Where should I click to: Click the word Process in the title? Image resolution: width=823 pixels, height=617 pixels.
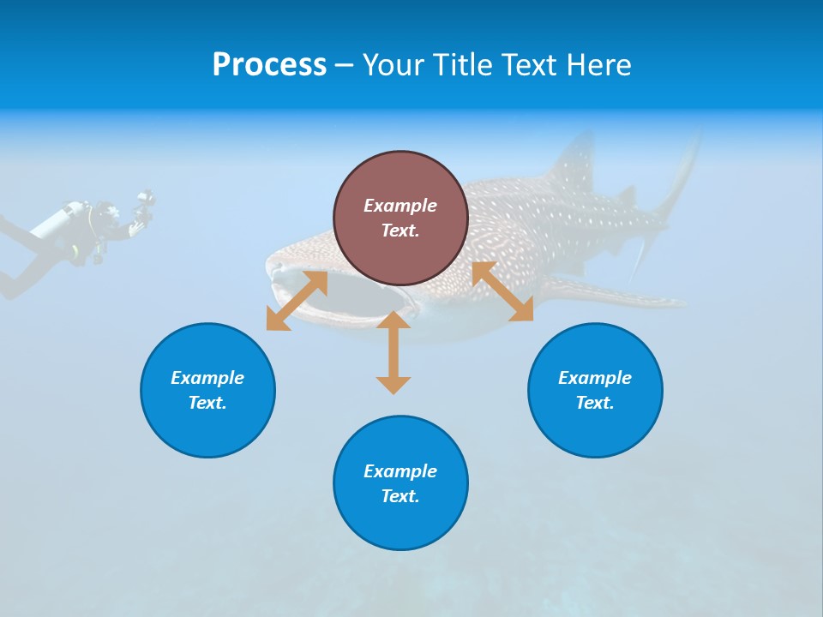pyautogui.click(x=269, y=65)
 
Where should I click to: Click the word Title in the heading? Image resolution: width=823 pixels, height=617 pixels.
pyautogui.click(x=463, y=65)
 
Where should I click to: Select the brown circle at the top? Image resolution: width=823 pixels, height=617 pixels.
pyautogui.click(x=400, y=218)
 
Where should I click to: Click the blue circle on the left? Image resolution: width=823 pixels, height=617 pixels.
pyautogui.click(x=207, y=390)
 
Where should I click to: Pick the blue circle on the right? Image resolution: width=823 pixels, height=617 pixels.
pyautogui.click(x=595, y=390)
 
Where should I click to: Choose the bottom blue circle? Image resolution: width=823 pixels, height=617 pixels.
pyautogui.click(x=400, y=482)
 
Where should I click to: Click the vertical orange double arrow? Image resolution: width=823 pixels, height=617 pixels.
pyautogui.click(x=393, y=352)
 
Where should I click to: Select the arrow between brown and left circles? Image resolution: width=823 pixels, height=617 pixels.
pyautogui.click(x=297, y=301)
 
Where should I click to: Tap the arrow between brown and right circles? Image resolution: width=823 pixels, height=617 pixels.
pyautogui.click(x=502, y=291)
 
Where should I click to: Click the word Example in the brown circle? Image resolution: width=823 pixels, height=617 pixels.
pyautogui.click(x=400, y=206)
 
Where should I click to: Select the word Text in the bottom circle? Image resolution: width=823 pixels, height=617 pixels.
pyautogui.click(x=400, y=496)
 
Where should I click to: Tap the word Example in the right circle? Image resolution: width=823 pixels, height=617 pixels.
pyautogui.click(x=595, y=378)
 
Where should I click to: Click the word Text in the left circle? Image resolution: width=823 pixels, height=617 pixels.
pyautogui.click(x=207, y=403)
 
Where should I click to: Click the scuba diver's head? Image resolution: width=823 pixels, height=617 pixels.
pyautogui.click(x=107, y=212)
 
